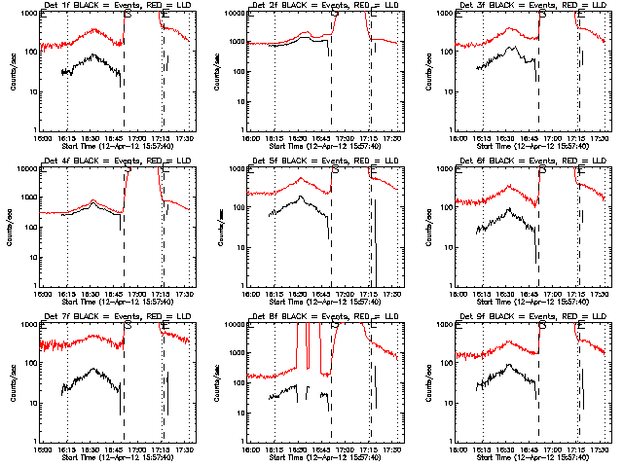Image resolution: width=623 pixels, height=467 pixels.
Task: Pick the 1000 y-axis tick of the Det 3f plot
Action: [448, 14]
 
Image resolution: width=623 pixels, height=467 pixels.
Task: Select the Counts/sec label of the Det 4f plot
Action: [13, 227]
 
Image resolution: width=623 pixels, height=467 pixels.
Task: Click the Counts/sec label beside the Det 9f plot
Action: [429, 382]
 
